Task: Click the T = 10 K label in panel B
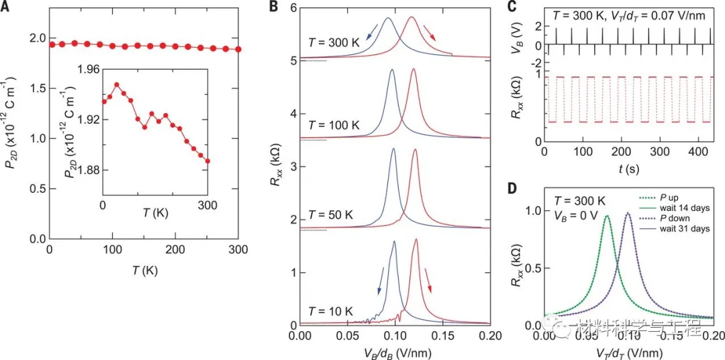click(x=330, y=311)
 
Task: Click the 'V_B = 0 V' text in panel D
click(x=578, y=216)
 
